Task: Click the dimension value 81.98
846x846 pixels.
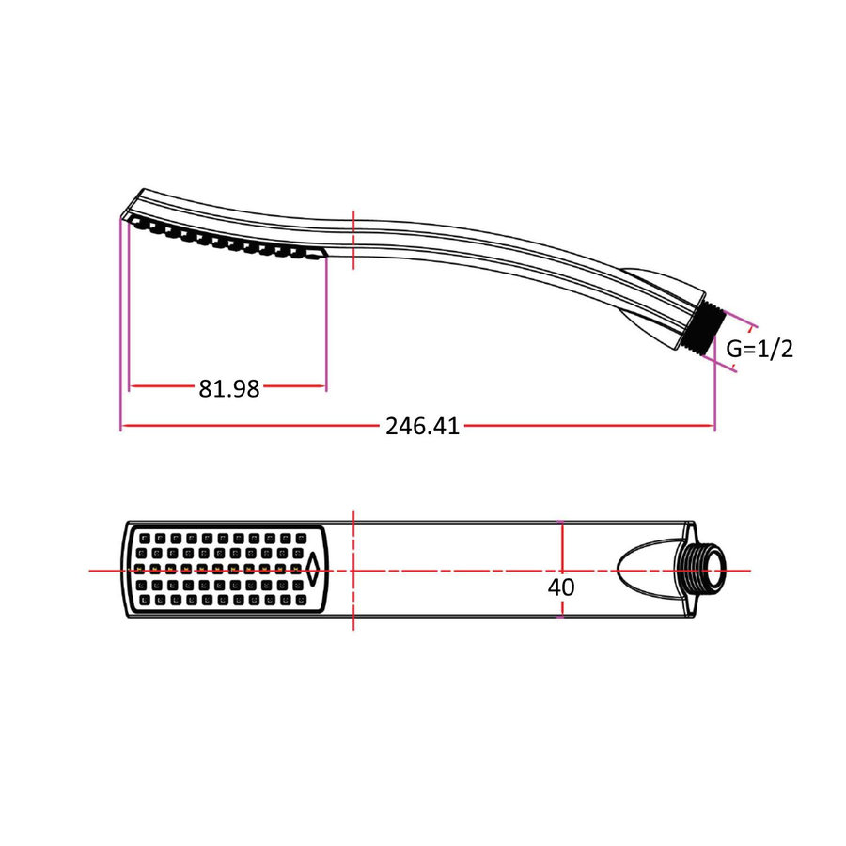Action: click(x=228, y=387)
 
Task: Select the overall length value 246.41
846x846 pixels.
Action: click(x=422, y=426)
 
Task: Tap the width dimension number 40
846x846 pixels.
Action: click(x=561, y=587)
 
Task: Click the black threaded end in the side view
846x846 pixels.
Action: click(x=707, y=329)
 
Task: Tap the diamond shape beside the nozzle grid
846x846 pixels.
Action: click(x=313, y=569)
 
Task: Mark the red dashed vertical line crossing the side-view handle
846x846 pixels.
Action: click(x=352, y=241)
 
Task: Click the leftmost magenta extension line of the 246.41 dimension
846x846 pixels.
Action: click(x=121, y=329)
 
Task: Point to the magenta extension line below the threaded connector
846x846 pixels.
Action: click(x=714, y=395)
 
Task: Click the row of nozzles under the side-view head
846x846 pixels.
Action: click(x=226, y=241)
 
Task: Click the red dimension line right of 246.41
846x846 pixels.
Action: click(x=587, y=426)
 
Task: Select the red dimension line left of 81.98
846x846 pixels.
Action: click(x=162, y=385)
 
